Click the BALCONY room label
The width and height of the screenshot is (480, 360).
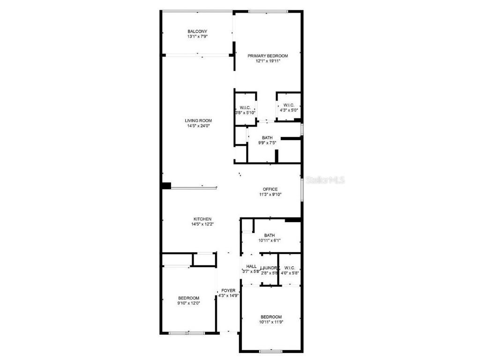coord(197,31)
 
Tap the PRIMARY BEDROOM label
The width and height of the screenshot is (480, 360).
coord(268,56)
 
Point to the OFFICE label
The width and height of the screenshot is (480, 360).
coord(270,189)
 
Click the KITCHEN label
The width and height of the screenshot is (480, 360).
coord(202,219)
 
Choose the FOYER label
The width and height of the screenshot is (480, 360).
coord(228,291)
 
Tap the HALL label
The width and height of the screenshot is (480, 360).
coord(251,266)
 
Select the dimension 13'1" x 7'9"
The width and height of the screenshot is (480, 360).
coord(197,37)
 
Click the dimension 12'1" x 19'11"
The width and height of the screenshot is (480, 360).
coord(268,61)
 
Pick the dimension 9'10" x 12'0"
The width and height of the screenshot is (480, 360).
coord(188,303)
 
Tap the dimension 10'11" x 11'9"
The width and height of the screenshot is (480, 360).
coord(271,322)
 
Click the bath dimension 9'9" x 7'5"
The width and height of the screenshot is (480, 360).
coord(267,143)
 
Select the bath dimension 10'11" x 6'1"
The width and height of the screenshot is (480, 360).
coord(270,240)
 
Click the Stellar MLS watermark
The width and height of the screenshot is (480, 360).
coord(326,180)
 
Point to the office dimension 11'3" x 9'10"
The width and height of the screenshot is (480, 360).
coord(270,195)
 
